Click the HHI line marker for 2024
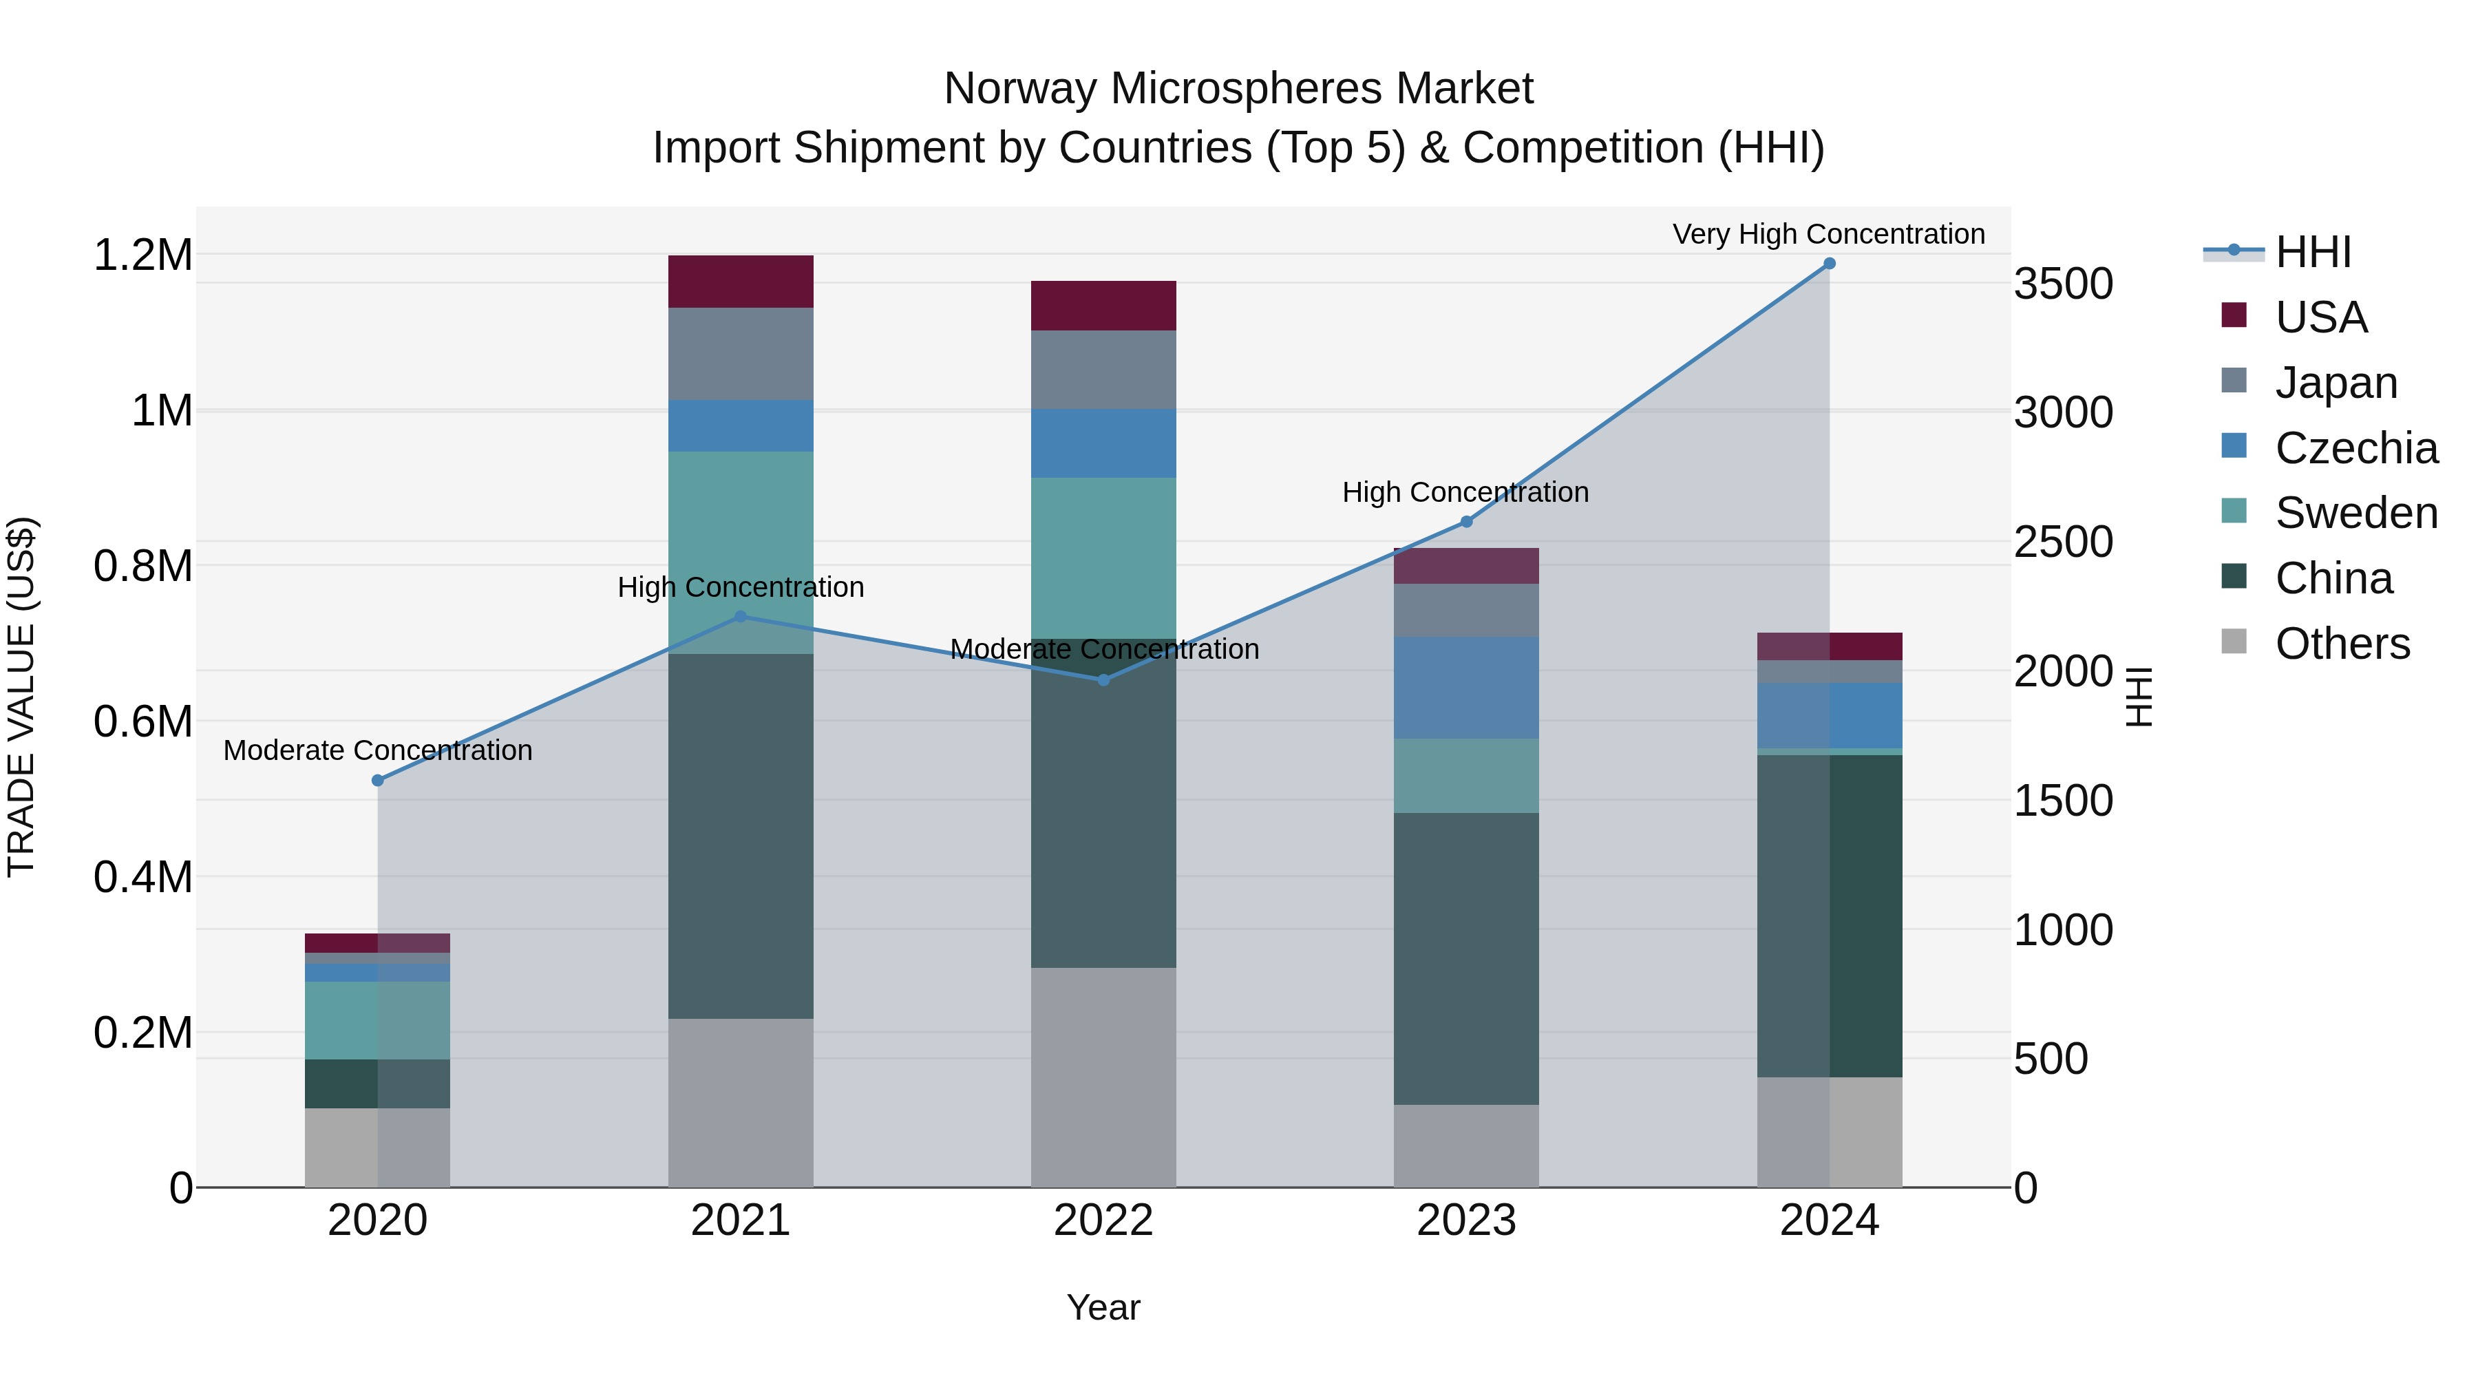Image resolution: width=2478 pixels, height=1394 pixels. [1829, 264]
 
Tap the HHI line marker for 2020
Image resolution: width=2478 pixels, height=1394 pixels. [378, 780]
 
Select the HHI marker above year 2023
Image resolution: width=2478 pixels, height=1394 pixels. [1466, 521]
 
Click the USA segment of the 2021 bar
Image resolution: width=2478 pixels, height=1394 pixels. [741, 281]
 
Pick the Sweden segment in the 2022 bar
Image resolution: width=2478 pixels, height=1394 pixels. [1103, 558]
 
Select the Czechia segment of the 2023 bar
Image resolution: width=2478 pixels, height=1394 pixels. [1466, 687]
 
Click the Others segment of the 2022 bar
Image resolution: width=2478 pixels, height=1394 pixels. [1103, 1077]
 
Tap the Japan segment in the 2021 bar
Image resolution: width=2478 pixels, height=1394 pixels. [741, 353]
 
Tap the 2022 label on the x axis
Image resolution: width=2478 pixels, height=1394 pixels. [1103, 1220]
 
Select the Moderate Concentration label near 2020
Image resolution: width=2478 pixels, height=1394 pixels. [378, 750]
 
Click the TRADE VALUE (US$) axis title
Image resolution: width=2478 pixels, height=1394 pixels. [21, 697]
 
